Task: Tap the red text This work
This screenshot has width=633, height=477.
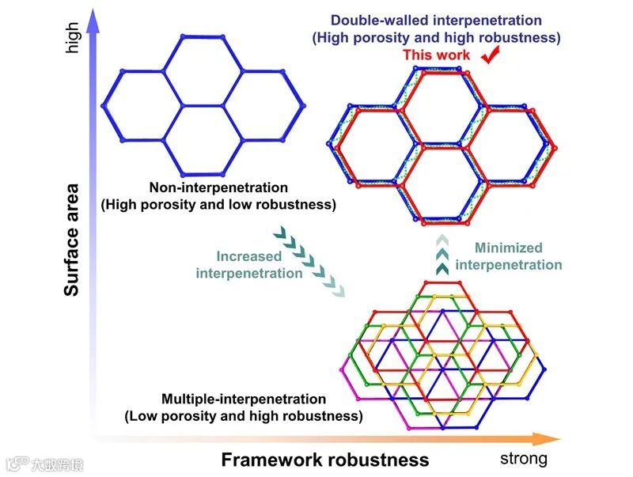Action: (436, 55)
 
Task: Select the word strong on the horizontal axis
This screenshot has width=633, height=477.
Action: (523, 458)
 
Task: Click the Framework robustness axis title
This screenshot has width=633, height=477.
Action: (324, 460)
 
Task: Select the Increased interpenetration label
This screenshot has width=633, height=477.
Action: (249, 265)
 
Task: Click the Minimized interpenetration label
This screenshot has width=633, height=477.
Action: (509, 256)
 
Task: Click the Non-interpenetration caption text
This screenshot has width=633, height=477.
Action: (218, 187)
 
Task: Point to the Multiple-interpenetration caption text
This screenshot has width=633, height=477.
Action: (243, 399)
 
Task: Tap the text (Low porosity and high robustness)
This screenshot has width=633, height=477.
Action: (243, 415)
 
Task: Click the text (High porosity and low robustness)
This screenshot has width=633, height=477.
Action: (218, 204)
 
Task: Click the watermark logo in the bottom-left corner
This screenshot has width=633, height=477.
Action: (17, 464)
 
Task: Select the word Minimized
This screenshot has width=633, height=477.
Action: (509, 248)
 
